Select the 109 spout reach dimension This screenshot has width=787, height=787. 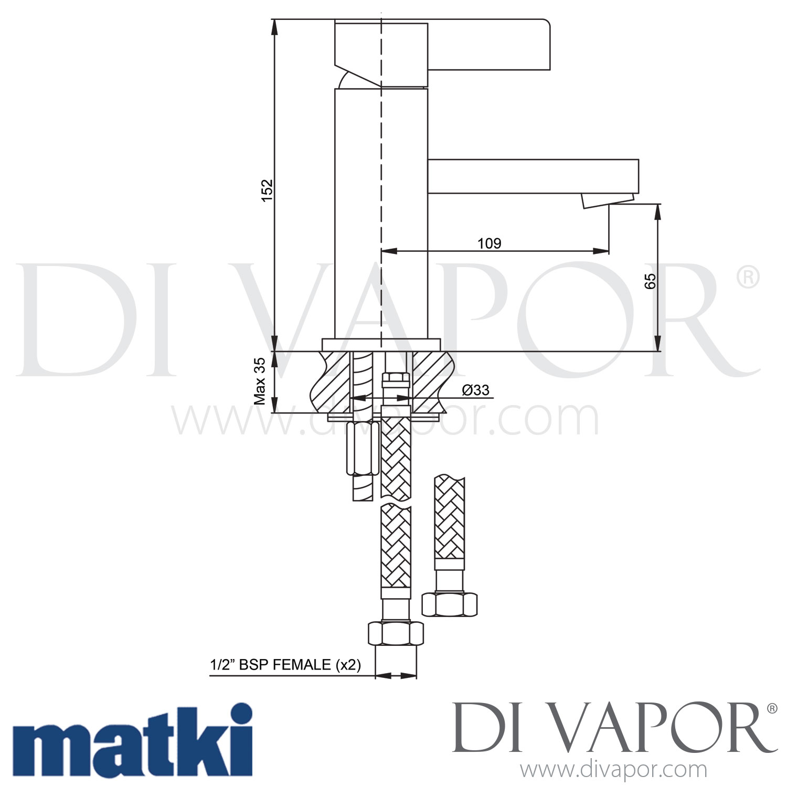point(489,243)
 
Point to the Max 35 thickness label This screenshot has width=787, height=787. point(260,381)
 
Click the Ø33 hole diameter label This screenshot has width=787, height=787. point(475,390)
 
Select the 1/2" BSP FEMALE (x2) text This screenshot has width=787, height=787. point(285,665)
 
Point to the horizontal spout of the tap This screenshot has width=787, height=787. point(533,176)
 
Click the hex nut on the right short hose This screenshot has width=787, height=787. point(450,604)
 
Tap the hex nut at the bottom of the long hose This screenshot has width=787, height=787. point(396,634)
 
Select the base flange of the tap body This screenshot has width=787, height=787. point(381,345)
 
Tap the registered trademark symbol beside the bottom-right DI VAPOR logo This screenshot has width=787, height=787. point(772,709)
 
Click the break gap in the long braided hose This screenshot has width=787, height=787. point(396,503)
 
